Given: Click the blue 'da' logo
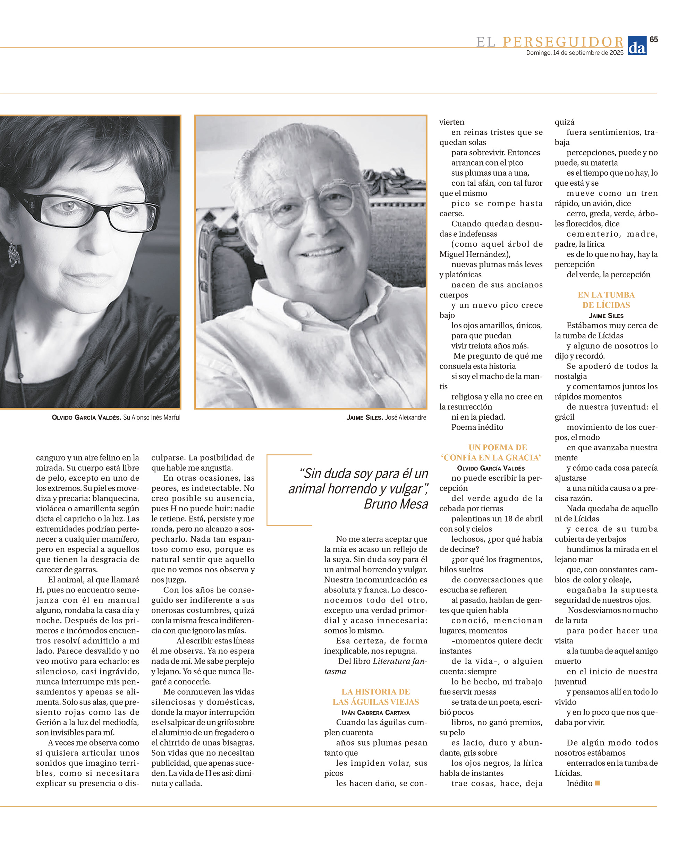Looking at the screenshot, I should [637, 45].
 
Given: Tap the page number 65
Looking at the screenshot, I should [654, 39].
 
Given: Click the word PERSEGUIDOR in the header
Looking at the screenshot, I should [563, 42].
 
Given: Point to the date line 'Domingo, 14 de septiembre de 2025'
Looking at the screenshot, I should [575, 53].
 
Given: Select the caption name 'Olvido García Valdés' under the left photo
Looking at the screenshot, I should [86, 418].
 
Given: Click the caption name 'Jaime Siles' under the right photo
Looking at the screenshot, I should [365, 418].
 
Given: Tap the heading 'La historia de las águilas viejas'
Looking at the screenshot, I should [375, 697].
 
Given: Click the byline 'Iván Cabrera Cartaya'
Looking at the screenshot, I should [375, 712].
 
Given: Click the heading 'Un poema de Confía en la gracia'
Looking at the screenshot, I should [491, 452].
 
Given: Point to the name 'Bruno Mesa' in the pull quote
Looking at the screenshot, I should [396, 504].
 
